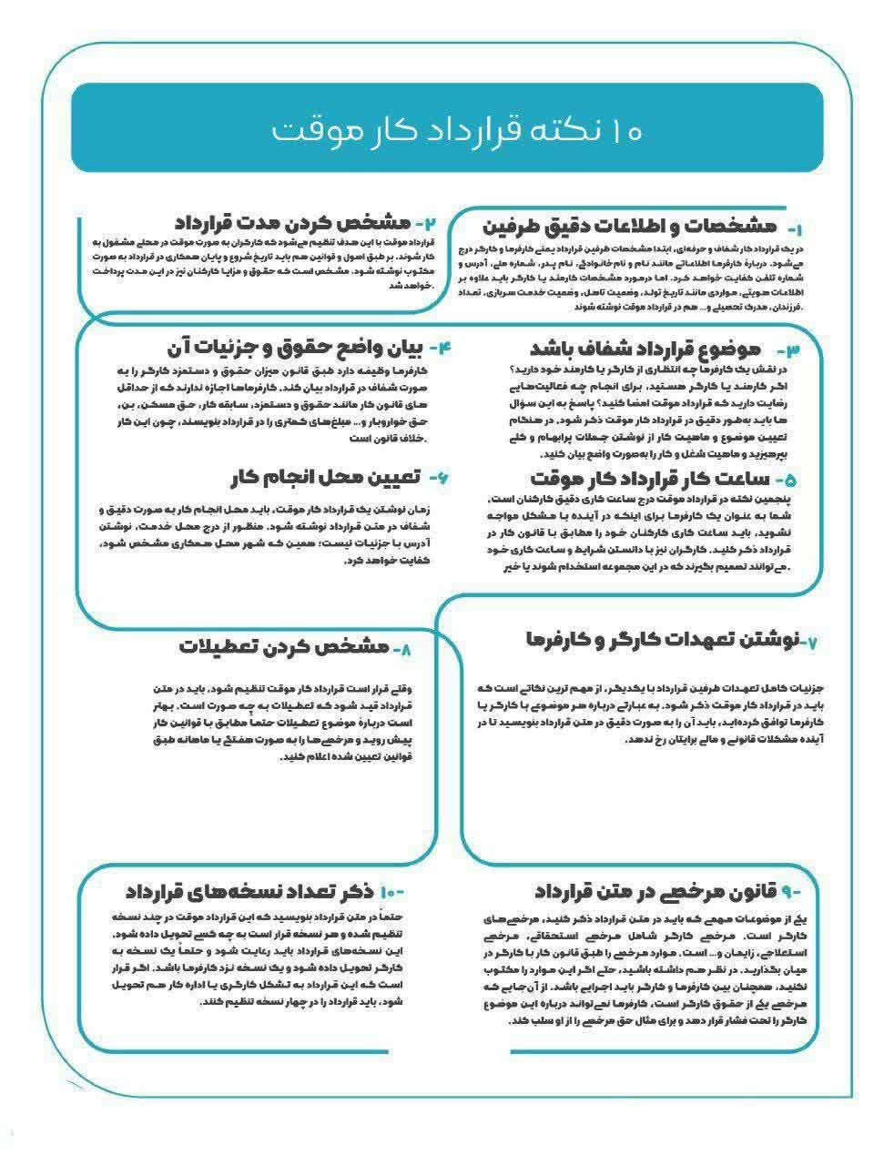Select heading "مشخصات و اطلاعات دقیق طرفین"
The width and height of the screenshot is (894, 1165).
point(628,225)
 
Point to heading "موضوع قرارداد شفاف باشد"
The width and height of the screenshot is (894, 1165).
point(645,349)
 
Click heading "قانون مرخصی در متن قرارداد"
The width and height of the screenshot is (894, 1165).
point(655,889)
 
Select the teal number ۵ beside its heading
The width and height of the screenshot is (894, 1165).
point(784,479)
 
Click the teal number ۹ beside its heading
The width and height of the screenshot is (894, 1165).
point(789,890)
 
